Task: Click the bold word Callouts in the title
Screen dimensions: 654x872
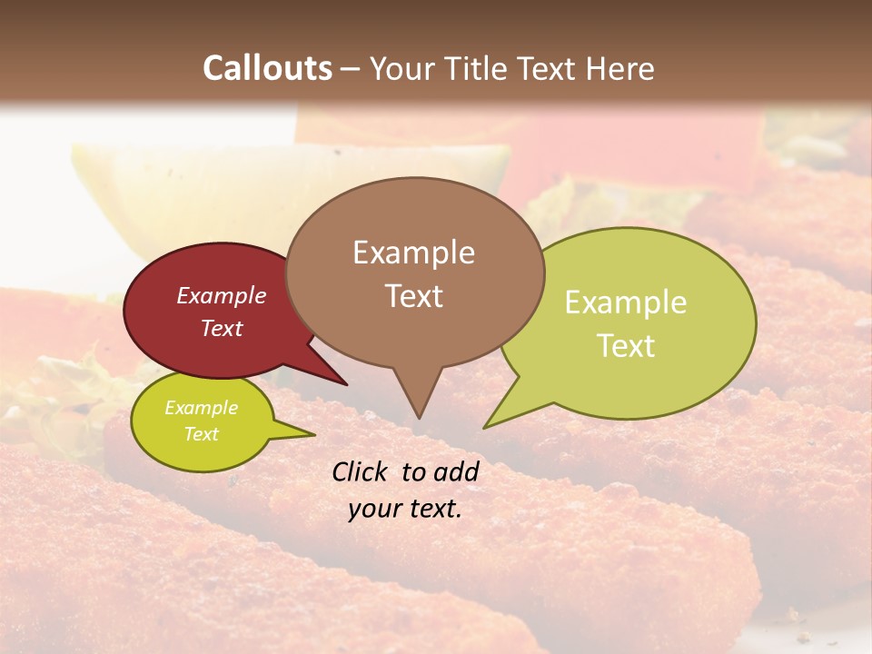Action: [x=267, y=68]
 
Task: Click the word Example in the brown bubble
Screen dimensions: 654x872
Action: [x=413, y=253]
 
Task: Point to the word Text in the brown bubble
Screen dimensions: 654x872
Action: [x=413, y=296]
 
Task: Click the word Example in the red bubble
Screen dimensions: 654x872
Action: [x=221, y=295]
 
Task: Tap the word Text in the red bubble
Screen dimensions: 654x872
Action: [x=221, y=328]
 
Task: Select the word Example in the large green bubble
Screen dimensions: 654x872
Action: [x=626, y=302]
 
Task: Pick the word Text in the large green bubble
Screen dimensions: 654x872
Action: [x=626, y=346]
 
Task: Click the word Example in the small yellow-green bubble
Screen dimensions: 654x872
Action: [x=201, y=408]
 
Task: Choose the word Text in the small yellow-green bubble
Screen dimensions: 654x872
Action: [x=201, y=434]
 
